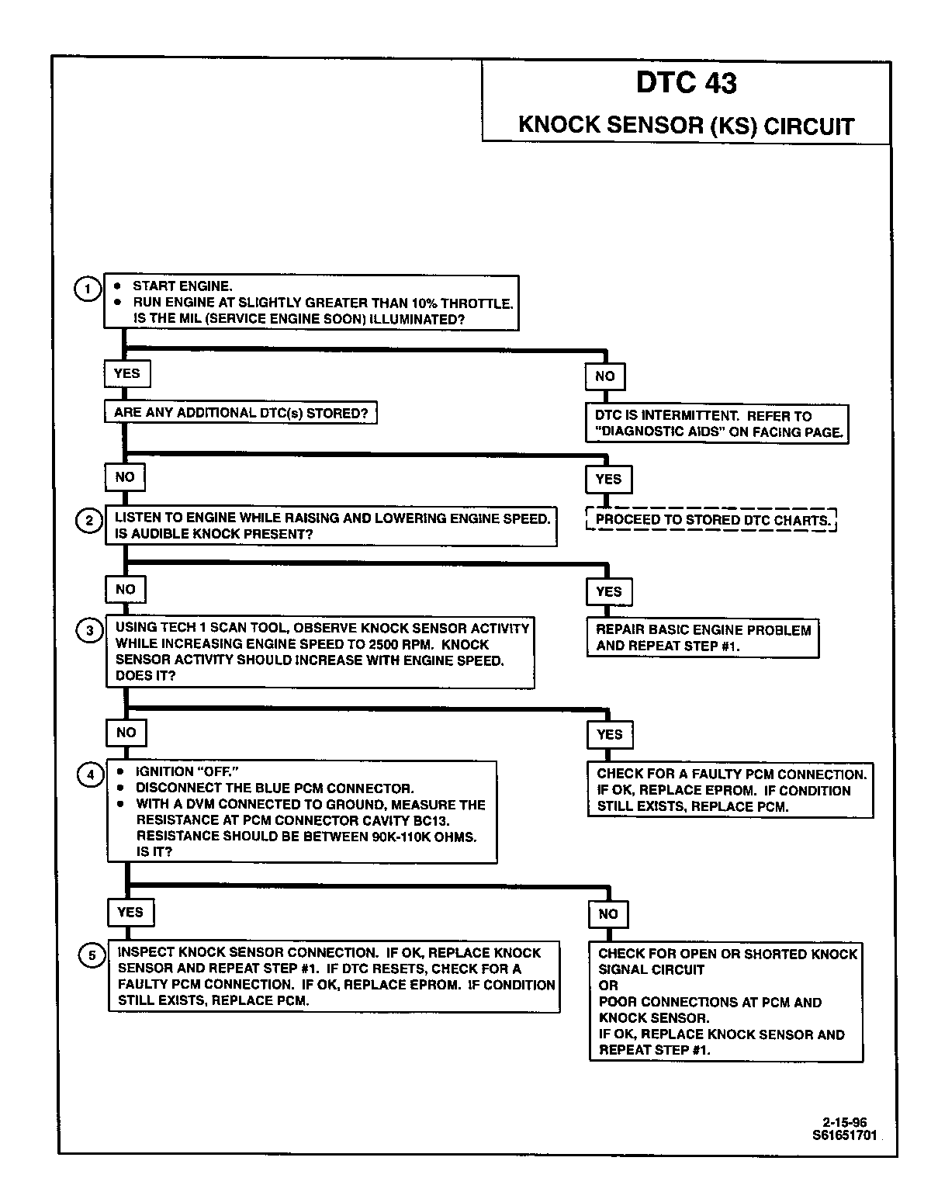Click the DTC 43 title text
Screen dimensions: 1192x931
686,83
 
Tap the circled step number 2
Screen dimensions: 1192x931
88,520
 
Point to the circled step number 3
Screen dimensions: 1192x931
89,630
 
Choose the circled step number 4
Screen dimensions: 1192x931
90,774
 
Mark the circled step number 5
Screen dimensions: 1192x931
92,955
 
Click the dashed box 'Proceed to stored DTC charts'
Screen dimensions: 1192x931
711,520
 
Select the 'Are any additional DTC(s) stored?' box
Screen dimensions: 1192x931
241,413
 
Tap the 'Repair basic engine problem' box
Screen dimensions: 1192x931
702,638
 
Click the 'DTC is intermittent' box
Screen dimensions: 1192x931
717,424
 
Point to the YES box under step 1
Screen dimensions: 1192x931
126,373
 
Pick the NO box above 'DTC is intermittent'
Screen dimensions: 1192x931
604,376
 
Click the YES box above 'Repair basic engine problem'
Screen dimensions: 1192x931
608,591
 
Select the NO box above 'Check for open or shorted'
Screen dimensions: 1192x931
608,913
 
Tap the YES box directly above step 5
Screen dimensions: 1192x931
130,912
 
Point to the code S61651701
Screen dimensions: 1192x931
844,1135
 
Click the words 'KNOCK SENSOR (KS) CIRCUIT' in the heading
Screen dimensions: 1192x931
686,125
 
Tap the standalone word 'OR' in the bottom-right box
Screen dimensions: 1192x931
608,986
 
